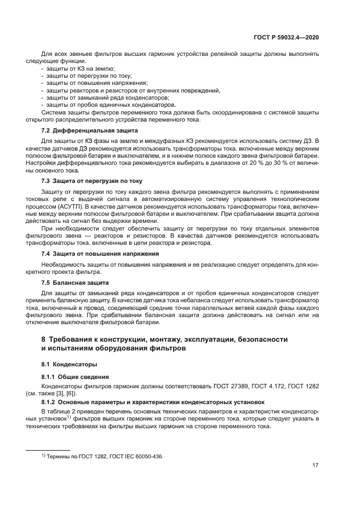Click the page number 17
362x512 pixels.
click(x=315, y=465)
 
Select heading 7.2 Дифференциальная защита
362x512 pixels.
click(x=90, y=131)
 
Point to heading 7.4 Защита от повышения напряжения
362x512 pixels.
click(x=100, y=254)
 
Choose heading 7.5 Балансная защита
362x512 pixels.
click(x=75, y=283)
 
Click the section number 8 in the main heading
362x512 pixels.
click(x=44, y=340)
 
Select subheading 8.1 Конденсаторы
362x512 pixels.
click(x=70, y=364)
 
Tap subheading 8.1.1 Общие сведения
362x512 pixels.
click(x=75, y=377)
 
